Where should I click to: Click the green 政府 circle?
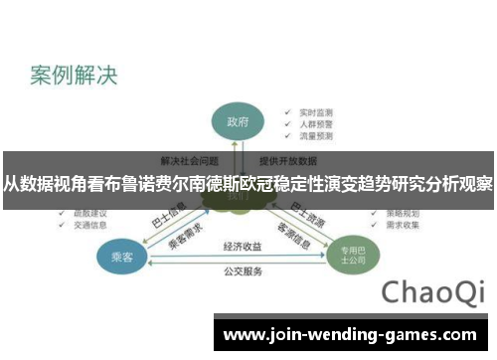237,122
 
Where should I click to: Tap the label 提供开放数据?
287,160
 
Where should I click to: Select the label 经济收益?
242,247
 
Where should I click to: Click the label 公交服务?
242,270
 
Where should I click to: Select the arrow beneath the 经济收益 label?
242,256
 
